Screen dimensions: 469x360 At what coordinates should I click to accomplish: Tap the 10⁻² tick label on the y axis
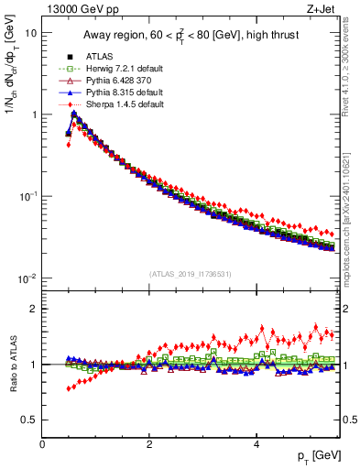tap(28, 278)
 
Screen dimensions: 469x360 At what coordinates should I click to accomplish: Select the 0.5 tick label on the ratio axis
tap(30, 420)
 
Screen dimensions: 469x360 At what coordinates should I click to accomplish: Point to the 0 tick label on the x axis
tap(42, 442)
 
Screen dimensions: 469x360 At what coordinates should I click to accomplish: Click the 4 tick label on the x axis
tap(256, 442)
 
